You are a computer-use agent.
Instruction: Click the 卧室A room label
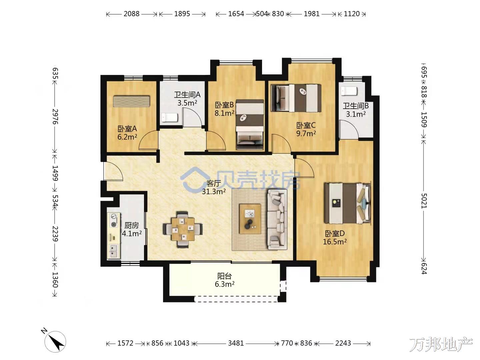pos(127,129)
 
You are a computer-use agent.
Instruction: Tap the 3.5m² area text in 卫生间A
pos(187,103)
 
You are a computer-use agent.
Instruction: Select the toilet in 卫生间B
pos(349,91)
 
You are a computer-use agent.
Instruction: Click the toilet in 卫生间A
pos(169,118)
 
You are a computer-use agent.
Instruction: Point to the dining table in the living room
pos(183,229)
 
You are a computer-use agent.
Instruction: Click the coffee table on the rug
pos(250,219)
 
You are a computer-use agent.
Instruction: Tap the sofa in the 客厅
pos(277,219)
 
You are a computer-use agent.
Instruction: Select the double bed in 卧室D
pos(347,203)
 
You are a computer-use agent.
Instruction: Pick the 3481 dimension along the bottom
pos(236,343)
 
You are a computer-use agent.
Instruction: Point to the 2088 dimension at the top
pos(131,14)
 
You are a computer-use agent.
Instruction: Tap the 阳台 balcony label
pos(224,276)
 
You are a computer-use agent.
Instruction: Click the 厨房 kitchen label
pos(132,225)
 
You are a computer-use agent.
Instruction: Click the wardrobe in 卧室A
pos(131,101)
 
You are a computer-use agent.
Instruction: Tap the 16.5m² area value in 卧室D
pos(335,242)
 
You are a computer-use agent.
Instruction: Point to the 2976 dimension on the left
pos(55,117)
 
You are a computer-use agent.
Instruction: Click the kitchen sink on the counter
pos(113,251)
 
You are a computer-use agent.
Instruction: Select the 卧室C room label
pos(306,125)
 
